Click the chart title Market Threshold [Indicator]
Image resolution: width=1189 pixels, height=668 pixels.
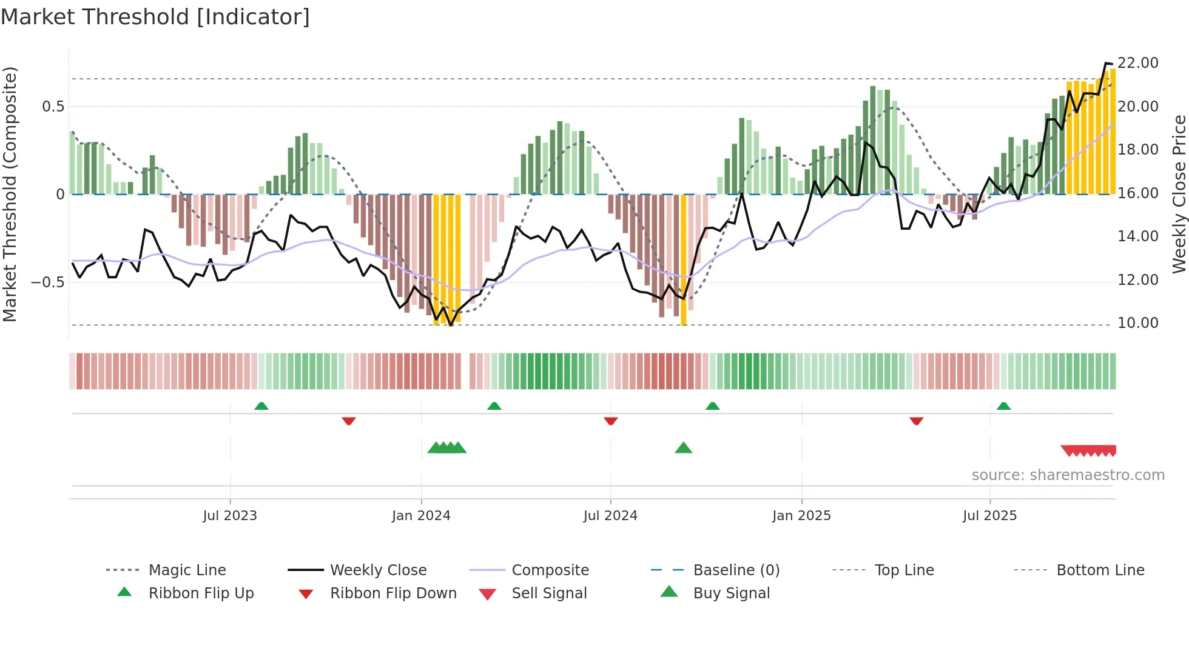[x=155, y=17]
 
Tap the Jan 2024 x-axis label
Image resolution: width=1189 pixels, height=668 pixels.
[x=421, y=516]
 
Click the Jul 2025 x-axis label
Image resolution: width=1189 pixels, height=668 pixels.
[x=989, y=516]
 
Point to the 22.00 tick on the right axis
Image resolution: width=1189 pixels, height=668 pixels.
[x=1137, y=63]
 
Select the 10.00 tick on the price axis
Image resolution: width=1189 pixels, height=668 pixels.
[x=1137, y=323]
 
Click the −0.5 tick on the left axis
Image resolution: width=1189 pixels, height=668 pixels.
[x=47, y=282]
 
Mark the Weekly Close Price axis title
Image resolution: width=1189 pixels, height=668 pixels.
[x=1179, y=194]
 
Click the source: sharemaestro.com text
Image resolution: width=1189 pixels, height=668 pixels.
[x=1068, y=475]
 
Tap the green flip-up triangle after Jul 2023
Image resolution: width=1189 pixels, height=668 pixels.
[x=261, y=406]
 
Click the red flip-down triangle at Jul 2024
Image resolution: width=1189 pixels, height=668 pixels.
[x=611, y=421]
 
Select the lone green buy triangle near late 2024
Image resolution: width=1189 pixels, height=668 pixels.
[x=684, y=448]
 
